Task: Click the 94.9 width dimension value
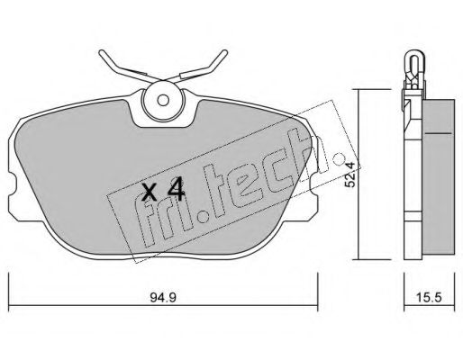click(163, 298)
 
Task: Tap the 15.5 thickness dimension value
click(429, 298)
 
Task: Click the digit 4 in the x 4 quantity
click(176, 189)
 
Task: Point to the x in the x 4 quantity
click(150, 192)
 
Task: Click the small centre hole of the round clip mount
click(163, 100)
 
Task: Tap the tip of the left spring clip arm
click(101, 53)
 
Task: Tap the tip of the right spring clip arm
click(225, 52)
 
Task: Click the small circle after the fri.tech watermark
click(340, 158)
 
